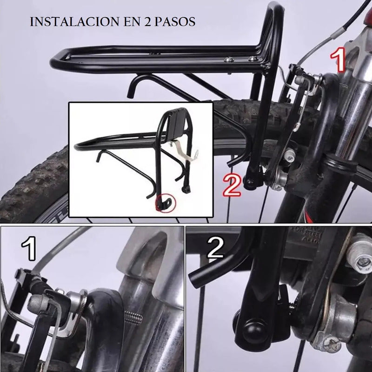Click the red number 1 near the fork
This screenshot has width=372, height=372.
pyautogui.click(x=338, y=60)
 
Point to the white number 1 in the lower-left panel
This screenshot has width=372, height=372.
pyautogui.click(x=29, y=249)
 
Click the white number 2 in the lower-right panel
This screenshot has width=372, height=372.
pyautogui.click(x=215, y=248)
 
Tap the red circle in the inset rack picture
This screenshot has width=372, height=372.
pyautogui.click(x=166, y=203)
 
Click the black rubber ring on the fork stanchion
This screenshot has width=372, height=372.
pyautogui.click(x=341, y=164)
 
